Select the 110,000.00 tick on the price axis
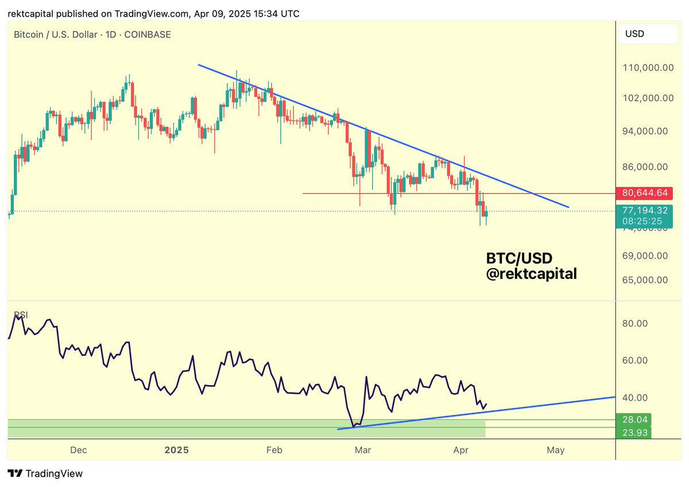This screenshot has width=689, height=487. (647, 67)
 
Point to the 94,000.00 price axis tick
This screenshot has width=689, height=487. (647, 131)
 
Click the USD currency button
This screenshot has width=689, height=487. (634, 34)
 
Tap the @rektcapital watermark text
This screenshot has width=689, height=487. (531, 275)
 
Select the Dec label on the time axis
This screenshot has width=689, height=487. (79, 450)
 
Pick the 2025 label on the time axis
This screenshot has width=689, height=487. (176, 450)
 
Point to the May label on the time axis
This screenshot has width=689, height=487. (555, 450)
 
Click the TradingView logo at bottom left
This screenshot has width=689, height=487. (46, 474)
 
